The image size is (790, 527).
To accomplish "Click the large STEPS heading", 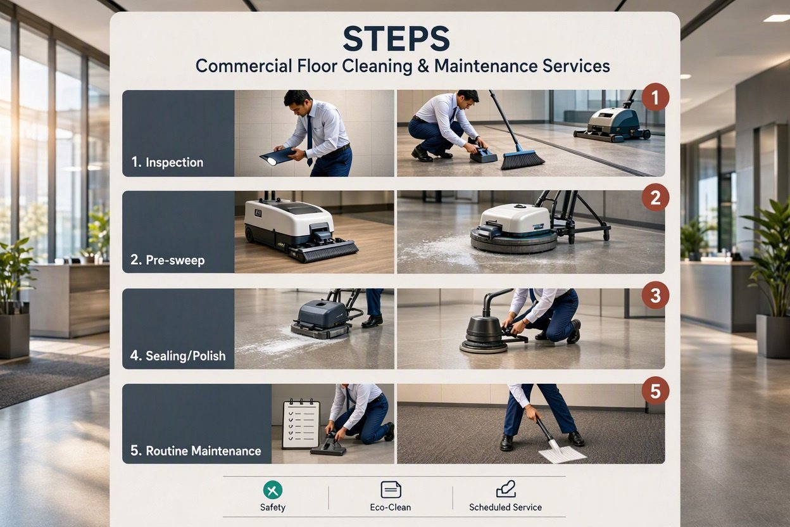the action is pos(396,39).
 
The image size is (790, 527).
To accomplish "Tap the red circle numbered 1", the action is pos(655,97).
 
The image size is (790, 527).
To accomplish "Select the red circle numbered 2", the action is pos(655,198).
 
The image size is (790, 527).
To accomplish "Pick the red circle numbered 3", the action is pos(655,295).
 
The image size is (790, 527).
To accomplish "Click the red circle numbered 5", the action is pos(655,391).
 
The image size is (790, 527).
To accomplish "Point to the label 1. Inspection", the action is pos(167,162).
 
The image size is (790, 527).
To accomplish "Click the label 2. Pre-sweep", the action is pos(168,260).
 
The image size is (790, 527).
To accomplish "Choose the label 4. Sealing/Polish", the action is pos(178,356).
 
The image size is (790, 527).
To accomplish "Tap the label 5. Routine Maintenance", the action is pos(196,451).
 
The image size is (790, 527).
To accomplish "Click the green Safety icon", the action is pos(273,490).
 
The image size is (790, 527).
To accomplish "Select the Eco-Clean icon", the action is pos(391,490).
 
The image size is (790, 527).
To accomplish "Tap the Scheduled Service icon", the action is pos(506,489).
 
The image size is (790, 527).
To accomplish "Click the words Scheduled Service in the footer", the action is pos(505,507).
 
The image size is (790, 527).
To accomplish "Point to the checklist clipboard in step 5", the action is pos(301,424).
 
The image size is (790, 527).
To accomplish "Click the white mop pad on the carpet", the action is pos(562,454).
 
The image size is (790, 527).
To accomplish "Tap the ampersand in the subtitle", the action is pos(423,67).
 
